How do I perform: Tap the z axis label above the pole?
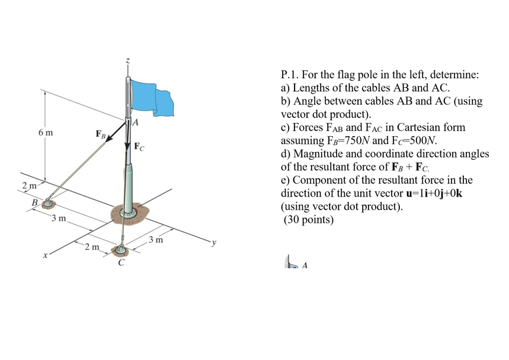[x=127, y=61]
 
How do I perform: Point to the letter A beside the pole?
[x=136, y=123]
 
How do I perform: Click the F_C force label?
[x=138, y=146]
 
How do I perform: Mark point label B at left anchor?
[x=34, y=203]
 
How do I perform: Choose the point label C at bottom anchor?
[x=121, y=263]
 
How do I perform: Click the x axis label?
[x=44, y=256]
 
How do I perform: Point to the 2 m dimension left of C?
[x=91, y=247]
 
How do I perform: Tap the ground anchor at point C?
[x=120, y=250]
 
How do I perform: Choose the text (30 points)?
[x=308, y=220]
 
